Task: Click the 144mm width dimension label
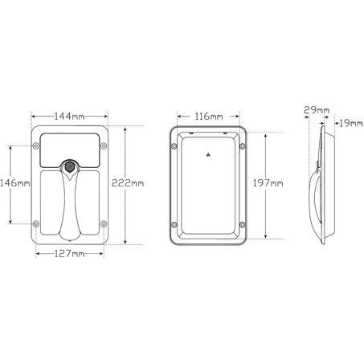(x=70, y=117)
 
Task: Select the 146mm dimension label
(x=15, y=183)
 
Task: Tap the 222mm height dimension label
(x=128, y=183)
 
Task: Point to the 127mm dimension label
(x=70, y=254)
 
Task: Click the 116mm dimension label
(x=209, y=117)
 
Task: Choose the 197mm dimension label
(x=268, y=183)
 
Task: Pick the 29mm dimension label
(x=317, y=110)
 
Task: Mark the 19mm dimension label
(x=351, y=124)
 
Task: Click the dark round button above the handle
(x=70, y=167)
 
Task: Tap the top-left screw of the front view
(x=36, y=146)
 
